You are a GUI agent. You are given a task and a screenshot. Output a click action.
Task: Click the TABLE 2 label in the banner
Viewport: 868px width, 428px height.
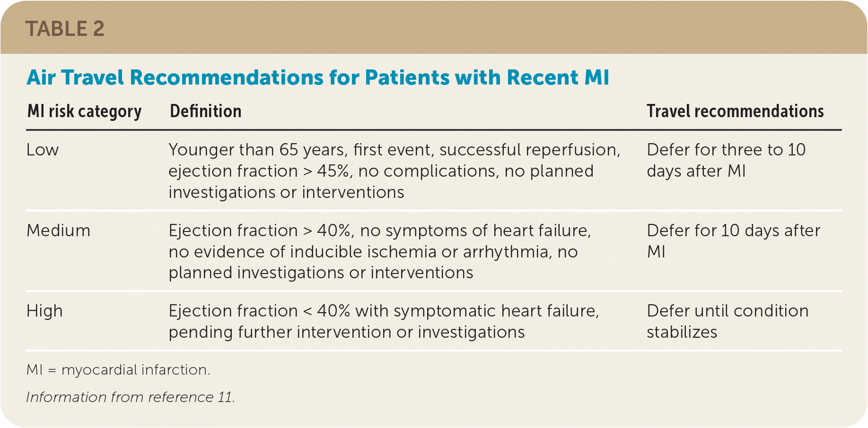65,29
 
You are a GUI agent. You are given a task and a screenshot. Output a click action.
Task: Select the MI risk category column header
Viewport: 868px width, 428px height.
85,111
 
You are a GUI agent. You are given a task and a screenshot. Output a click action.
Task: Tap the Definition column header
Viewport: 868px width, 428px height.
206,111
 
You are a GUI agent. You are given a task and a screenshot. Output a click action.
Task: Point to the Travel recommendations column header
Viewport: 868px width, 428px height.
735,111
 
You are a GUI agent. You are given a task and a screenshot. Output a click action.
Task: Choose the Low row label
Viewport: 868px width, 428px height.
43,150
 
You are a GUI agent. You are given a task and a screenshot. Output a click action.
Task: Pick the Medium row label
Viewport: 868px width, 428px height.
58,231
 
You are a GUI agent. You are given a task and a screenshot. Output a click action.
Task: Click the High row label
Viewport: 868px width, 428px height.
44,311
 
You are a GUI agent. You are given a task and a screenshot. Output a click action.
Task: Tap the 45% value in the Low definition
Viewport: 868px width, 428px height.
335,171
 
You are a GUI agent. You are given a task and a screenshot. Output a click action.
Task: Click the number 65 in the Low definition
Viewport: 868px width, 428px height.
289,150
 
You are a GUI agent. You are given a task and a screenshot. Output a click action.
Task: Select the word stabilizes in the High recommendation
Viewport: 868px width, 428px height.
682,332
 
